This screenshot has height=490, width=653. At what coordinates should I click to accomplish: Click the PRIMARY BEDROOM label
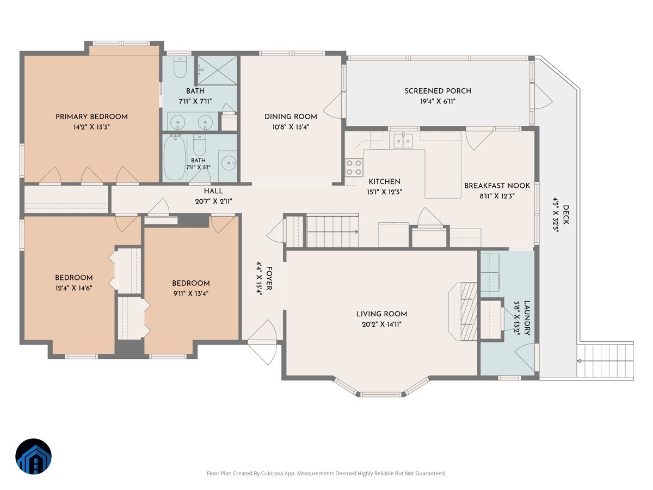91,117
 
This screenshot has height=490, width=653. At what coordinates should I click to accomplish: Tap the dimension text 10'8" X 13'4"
291,127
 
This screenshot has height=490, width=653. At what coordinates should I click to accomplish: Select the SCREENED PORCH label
438,91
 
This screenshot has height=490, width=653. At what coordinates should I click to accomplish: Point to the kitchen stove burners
354,167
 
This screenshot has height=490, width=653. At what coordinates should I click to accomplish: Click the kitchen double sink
403,141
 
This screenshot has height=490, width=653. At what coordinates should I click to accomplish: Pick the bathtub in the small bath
175,157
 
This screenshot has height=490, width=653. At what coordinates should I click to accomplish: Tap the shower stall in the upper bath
217,70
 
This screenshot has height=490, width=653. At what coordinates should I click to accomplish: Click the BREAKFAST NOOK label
497,186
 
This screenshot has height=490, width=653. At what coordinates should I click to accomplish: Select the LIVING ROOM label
381,314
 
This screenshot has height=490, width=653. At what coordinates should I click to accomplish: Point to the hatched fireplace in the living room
469,311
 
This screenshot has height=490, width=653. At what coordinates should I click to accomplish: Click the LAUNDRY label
527,318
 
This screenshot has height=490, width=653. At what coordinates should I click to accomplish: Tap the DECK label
565,215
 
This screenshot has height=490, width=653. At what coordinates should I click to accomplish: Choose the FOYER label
269,278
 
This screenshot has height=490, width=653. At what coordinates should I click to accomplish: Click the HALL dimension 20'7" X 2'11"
213,201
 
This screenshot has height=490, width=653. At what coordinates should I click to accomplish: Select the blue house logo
33,456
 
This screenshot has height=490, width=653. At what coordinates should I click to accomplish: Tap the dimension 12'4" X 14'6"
74,288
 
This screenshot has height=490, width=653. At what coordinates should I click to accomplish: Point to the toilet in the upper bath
180,67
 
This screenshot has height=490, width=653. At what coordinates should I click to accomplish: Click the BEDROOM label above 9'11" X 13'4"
190,283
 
